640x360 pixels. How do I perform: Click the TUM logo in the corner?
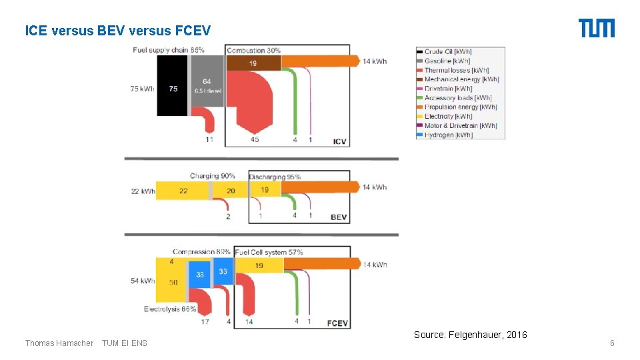pos(596,29)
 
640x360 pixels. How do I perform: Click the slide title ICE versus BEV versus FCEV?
pos(117,31)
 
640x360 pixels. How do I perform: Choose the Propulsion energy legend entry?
pos(461,107)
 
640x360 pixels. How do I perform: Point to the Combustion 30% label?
pos(253,51)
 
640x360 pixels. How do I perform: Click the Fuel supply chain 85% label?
pos(168,50)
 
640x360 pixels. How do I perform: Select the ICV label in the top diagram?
pos(340,141)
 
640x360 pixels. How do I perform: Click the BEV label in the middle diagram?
pos(339,217)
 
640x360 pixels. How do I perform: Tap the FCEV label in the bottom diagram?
pos(337,323)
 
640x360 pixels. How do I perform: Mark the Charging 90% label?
pos(212,176)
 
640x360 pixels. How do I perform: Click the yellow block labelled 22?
pos(183,191)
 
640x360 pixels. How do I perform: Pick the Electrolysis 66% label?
pos(170,309)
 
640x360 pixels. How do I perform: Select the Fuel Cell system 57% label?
pos(269,252)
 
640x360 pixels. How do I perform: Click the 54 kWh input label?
pos(143,281)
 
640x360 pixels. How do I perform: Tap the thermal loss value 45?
pos(255,140)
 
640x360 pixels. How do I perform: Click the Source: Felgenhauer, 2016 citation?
pos(470,335)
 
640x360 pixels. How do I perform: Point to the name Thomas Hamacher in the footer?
pos(59,343)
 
